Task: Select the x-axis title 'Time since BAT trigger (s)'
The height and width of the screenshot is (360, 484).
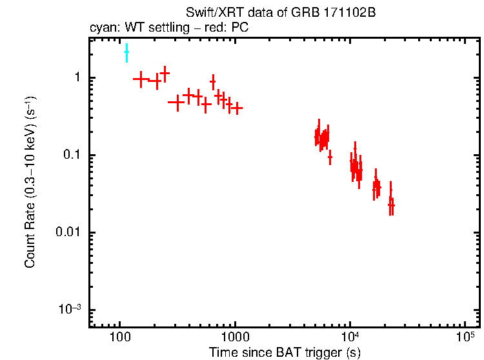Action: [285, 352]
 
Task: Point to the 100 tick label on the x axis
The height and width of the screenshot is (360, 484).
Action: [120, 338]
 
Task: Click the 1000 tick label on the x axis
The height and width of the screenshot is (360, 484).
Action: [235, 338]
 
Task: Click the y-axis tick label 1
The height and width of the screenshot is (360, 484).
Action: [77, 78]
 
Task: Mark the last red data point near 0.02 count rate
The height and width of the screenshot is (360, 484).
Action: [391, 205]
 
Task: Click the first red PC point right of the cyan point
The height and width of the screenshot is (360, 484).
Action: [141, 79]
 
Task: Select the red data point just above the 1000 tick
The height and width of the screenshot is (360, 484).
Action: [237, 108]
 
